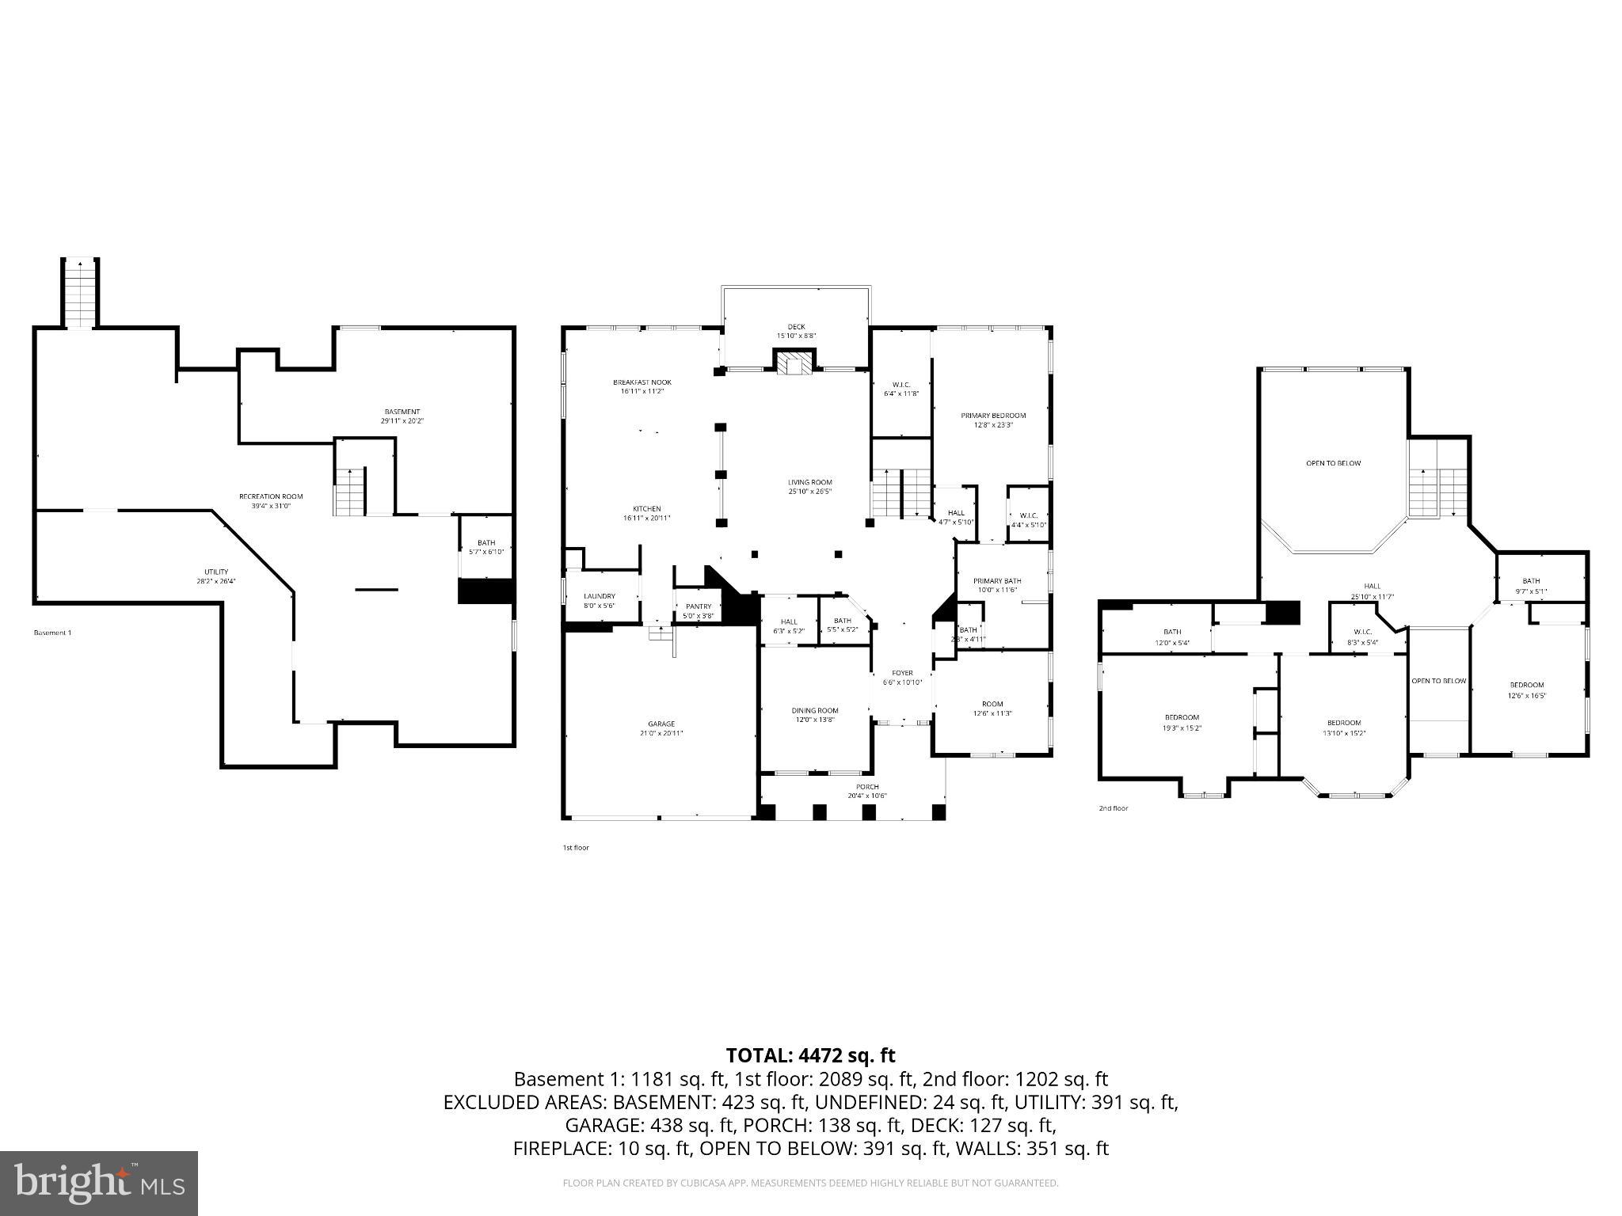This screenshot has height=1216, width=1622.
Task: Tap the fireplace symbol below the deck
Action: tap(794, 363)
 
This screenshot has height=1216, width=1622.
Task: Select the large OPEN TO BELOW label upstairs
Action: tap(1333, 463)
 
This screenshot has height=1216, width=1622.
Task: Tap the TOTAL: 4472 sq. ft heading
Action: tap(810, 1055)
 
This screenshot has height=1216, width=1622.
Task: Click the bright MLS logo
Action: tap(99, 1183)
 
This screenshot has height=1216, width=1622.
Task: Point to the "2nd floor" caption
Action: tap(1113, 808)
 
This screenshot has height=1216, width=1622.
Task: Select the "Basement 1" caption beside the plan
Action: tap(52, 633)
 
